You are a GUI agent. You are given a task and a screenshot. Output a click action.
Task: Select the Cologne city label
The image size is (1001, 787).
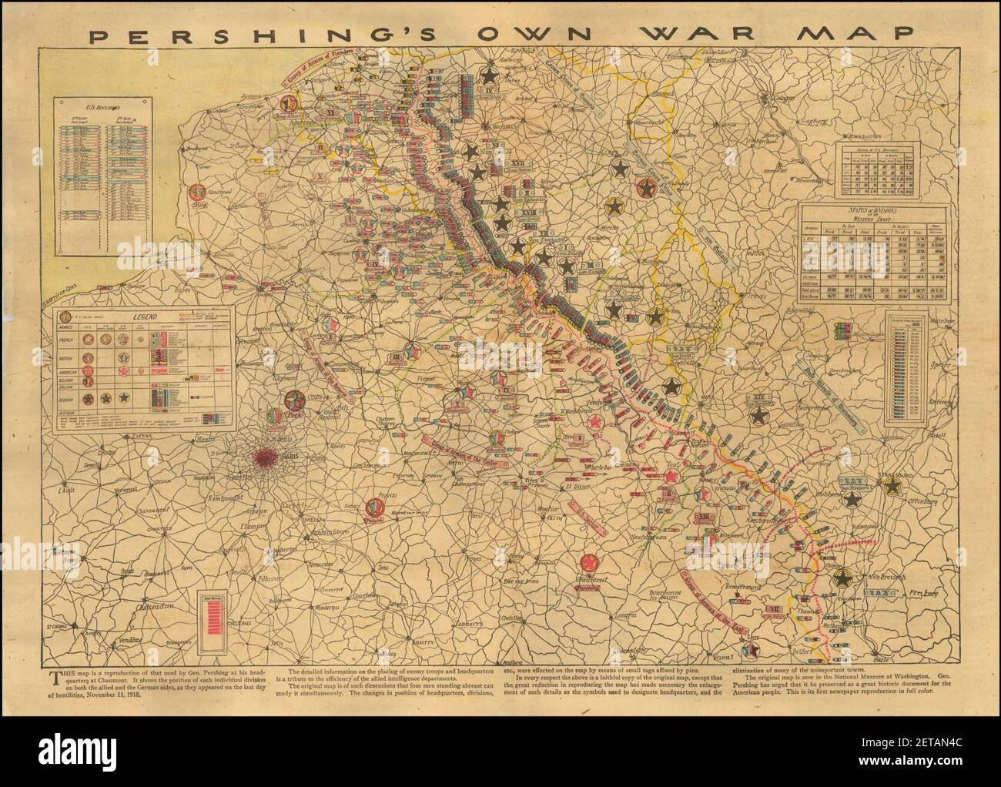pos(785,99)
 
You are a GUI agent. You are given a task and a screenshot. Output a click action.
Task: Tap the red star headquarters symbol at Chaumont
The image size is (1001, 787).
pos(592,564)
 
